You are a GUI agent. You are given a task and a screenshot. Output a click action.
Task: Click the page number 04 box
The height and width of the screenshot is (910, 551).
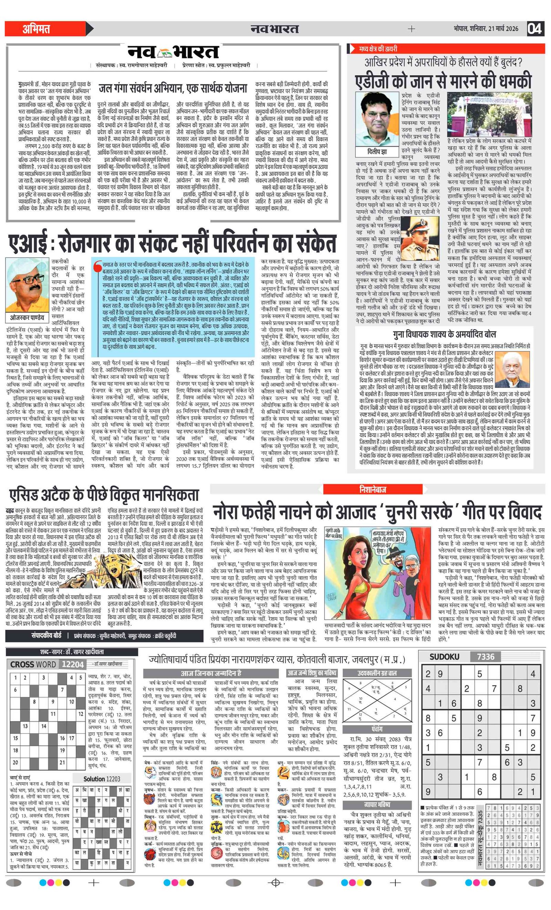pos(534,29)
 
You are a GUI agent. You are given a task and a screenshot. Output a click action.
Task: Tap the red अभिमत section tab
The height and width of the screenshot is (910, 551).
pos(36,29)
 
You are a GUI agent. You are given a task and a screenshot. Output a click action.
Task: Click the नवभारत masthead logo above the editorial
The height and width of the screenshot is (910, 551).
pos(173,52)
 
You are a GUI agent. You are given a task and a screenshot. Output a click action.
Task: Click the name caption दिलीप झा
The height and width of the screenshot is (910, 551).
pos(377,152)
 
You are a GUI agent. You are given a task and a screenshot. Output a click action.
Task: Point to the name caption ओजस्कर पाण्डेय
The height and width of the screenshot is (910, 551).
pos(27,318)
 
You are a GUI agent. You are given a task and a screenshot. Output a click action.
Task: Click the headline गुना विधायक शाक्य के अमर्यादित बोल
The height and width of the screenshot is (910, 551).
pos(444,335)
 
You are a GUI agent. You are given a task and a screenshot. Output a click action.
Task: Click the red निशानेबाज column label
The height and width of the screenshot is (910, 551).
pos(372,489)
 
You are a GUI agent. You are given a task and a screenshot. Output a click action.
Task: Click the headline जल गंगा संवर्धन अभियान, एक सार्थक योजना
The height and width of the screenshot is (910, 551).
pos(173,89)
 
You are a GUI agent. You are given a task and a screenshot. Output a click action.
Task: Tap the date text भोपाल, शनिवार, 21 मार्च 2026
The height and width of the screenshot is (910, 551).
pos(486,29)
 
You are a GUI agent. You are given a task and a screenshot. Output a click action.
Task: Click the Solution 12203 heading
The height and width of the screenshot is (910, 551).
pos(102,779)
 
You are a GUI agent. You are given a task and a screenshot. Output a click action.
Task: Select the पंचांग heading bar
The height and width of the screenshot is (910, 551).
pos(377,729)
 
